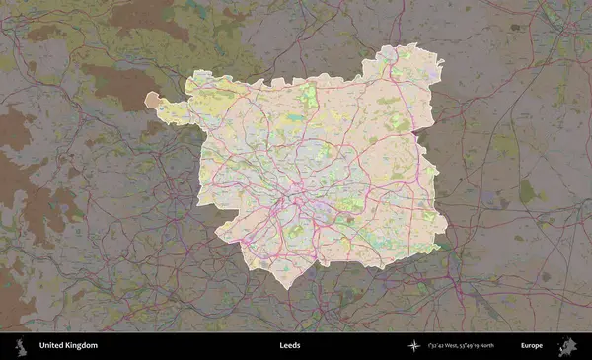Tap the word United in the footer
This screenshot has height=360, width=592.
point(52,346)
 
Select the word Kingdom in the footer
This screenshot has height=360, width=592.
point(82,346)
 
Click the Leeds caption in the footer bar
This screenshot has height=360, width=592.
point(289,346)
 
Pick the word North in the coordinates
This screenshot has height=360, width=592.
point(495,346)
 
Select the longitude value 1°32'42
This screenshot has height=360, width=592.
point(439,346)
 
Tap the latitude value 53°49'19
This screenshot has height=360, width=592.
point(477,346)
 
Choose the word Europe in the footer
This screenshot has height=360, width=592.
point(532,346)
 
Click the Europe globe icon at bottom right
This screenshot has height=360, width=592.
point(567,346)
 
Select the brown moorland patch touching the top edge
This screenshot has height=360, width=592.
point(148,15)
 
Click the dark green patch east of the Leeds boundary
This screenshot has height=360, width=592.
point(527,191)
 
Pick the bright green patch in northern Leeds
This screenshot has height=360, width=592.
point(310,96)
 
